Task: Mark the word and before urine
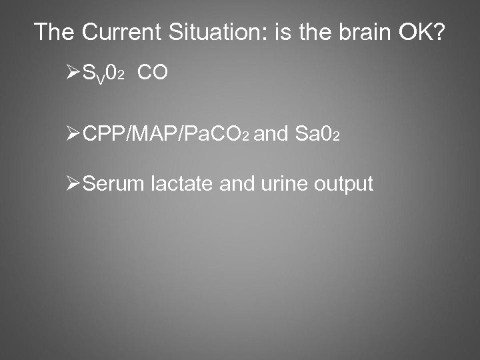[x=235, y=183]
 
